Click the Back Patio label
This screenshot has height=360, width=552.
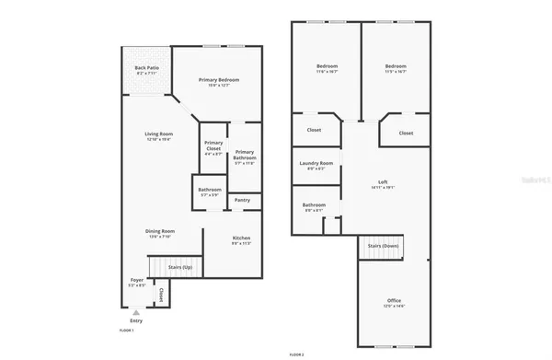[146, 68]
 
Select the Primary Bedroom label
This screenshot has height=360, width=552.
[219, 80]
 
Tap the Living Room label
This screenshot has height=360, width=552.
[158, 134]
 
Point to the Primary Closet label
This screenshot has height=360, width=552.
[213, 145]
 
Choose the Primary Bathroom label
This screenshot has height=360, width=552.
[244, 156]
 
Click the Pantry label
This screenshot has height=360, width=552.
[242, 200]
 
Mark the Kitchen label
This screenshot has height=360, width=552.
[241, 238]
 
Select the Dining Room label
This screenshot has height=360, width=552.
[160, 231]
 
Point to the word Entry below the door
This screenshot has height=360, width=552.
[136, 319]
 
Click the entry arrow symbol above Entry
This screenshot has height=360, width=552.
[136, 311]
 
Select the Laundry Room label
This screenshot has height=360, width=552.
[316, 163]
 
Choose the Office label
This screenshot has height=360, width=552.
[394, 301]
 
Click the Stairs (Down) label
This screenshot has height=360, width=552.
[383, 246]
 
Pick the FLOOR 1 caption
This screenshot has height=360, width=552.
[127, 330]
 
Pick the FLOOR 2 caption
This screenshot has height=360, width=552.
[296, 354]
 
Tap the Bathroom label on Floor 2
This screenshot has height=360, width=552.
[314, 204]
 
